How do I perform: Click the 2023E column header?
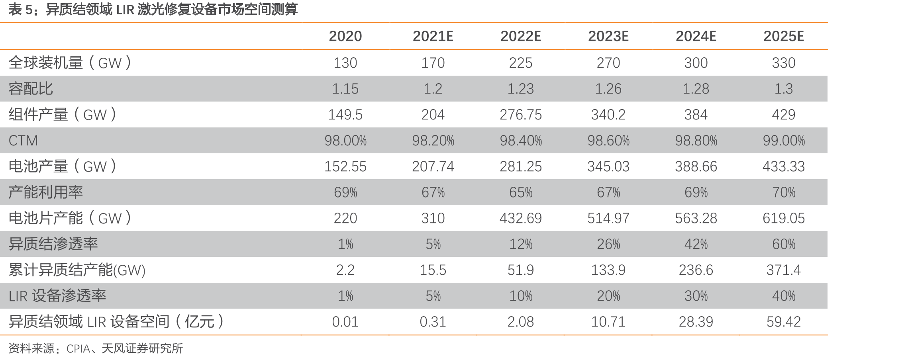click(608, 36)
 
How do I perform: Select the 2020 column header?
click(345, 36)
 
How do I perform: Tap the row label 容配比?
click(31, 88)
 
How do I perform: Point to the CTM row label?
click(23, 141)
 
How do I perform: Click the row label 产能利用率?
click(46, 192)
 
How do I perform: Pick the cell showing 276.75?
click(521, 115)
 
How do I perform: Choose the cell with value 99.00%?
click(784, 141)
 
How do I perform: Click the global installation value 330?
click(784, 63)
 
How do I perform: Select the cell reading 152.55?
click(345, 166)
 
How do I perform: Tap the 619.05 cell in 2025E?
click(784, 218)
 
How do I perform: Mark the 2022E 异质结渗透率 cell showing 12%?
click(521, 244)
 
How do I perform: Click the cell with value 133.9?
click(608, 270)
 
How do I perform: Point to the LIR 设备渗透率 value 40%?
click(784, 296)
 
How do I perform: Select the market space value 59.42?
click(784, 322)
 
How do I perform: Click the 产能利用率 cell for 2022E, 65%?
click(521, 192)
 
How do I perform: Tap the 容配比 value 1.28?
click(696, 89)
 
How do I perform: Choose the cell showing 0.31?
click(433, 322)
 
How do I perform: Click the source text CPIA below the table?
click(78, 349)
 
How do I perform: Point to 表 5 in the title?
click(20, 9)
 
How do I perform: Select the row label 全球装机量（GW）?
click(70, 63)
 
